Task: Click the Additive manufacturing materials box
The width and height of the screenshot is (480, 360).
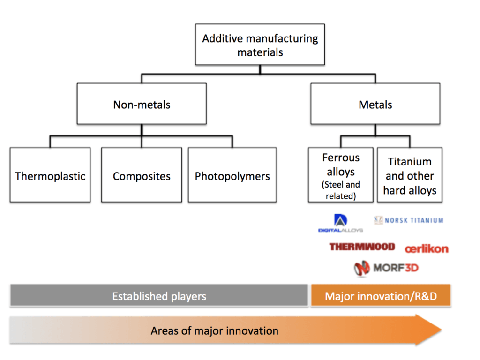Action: pyautogui.click(x=260, y=45)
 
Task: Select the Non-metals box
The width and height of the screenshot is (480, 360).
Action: pyautogui.click(x=142, y=104)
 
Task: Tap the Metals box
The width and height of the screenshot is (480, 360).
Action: pyautogui.click(x=375, y=104)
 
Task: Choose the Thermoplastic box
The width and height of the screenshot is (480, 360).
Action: pyautogui.click(x=50, y=176)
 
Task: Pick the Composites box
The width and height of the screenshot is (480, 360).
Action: pyautogui.click(x=142, y=176)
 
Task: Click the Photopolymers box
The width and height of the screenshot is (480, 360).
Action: pyautogui.click(x=232, y=176)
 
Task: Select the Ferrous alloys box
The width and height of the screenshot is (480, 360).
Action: pyautogui.click(x=341, y=175)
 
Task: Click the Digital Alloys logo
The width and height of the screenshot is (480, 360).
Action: pyautogui.click(x=340, y=224)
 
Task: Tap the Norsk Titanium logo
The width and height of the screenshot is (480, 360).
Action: pyautogui.click(x=409, y=220)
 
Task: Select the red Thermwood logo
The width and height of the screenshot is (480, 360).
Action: pyautogui.click(x=362, y=247)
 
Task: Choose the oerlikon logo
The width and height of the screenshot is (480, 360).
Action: pyautogui.click(x=427, y=248)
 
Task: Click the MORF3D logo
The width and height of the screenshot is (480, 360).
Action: pyautogui.click(x=386, y=268)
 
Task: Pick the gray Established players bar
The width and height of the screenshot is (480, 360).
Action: pyautogui.click(x=159, y=296)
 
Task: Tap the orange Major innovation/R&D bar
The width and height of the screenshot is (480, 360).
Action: pyautogui.click(x=381, y=296)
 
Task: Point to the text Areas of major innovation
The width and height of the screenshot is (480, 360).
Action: pyautogui.click(x=214, y=330)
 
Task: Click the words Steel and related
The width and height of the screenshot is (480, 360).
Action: pyautogui.click(x=341, y=190)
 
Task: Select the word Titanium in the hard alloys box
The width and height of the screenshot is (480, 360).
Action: pyautogui.click(x=410, y=162)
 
